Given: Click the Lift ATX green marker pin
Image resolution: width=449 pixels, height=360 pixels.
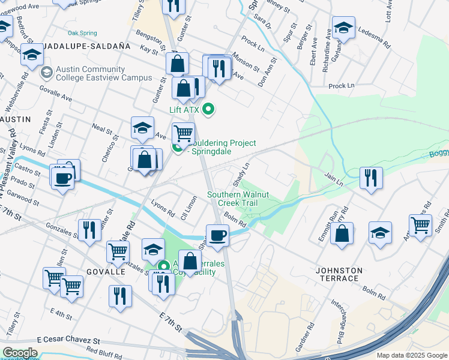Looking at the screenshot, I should pyautogui.click(x=208, y=109).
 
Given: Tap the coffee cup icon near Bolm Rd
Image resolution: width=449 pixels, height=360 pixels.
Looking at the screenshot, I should pyautogui.click(x=217, y=235).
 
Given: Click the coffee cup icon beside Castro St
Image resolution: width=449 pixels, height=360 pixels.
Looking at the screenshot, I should pyautogui.click(x=62, y=178).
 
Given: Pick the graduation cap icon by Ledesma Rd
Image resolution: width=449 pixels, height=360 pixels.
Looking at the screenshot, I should pyautogui.click(x=343, y=28).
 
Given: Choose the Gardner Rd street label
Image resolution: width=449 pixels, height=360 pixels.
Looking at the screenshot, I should pyautogui.click(x=310, y=337).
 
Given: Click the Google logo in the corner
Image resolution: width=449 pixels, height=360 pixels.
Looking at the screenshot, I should pyautogui.click(x=20, y=353).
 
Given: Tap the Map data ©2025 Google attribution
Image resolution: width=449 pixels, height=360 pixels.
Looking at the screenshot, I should pyautogui.click(x=411, y=355).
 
